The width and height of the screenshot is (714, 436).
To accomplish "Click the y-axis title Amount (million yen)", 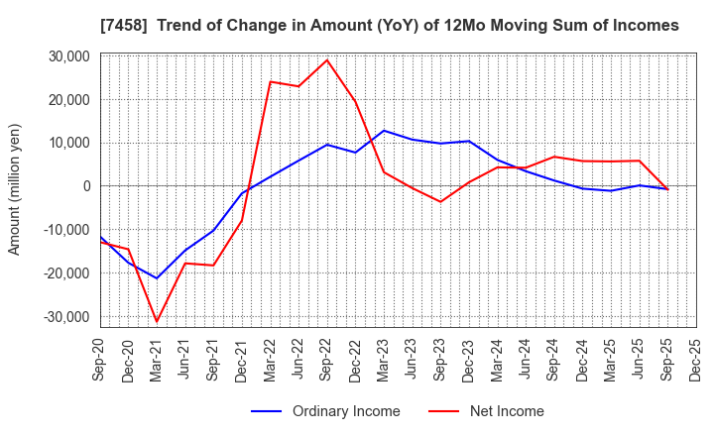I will (15, 189).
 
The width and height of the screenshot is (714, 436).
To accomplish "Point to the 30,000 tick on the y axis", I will (67, 56).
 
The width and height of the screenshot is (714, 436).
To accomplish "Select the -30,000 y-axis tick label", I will (65, 317).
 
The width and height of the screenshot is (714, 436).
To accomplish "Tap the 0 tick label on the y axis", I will (86, 186).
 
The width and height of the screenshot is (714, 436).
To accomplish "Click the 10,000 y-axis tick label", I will (67, 143).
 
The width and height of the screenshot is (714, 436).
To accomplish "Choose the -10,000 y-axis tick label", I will (65, 230).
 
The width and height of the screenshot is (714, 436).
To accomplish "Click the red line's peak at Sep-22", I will (327, 59).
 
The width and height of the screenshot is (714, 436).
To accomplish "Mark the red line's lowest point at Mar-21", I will (157, 321).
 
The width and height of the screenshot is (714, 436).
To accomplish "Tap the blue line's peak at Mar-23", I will (384, 131).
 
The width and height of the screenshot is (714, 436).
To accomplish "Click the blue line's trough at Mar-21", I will (157, 278).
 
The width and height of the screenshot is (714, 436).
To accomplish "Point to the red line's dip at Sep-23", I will (441, 202).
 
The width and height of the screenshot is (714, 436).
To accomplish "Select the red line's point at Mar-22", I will (271, 81).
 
